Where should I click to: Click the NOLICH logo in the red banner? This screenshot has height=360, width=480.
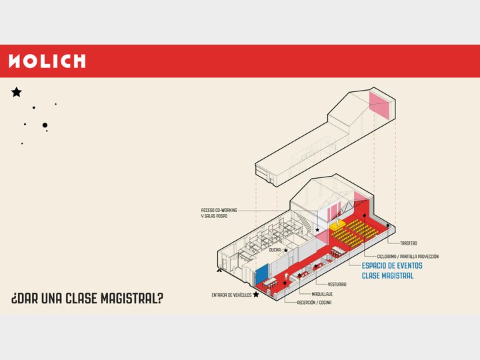[x=47, y=61]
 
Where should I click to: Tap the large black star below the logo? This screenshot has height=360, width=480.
[x=17, y=92]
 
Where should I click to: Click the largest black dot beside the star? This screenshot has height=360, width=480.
[x=45, y=125]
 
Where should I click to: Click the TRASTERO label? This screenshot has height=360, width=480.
[x=409, y=243]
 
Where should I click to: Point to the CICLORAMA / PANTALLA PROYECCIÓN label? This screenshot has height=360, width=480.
[x=408, y=257]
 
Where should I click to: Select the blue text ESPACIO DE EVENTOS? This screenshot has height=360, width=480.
[x=392, y=266]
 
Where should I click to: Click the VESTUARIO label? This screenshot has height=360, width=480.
[x=337, y=285]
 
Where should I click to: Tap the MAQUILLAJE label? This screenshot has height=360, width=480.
[x=322, y=294]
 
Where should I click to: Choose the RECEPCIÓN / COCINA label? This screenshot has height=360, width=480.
[x=314, y=303]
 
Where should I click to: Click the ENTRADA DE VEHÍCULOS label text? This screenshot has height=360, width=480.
[x=231, y=295]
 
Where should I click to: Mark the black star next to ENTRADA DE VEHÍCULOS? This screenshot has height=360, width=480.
[x=256, y=295]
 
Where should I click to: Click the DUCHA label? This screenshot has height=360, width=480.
[x=275, y=250]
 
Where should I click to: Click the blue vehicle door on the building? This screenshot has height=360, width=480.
[x=262, y=274]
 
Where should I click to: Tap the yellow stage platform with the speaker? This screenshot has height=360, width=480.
[x=337, y=227]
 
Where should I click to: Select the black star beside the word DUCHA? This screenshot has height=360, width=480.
[x=285, y=251]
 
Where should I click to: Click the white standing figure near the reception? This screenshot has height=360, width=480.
[x=287, y=277]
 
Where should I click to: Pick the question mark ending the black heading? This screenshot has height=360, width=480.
[x=159, y=299]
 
